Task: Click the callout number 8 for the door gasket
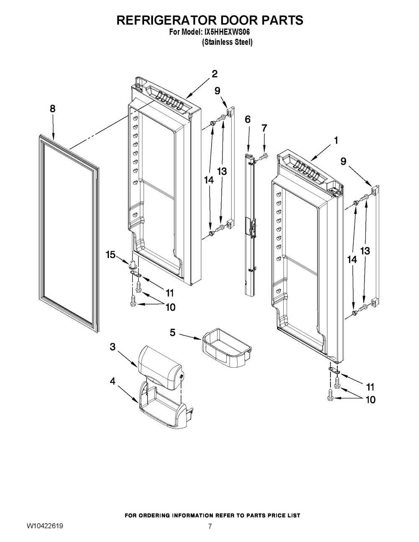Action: (x=52, y=108)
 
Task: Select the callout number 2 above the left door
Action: (x=214, y=74)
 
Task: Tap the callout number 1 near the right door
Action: (x=335, y=141)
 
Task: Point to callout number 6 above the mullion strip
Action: (x=248, y=119)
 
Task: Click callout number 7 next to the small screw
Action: (x=264, y=128)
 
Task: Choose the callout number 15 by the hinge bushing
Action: (x=110, y=255)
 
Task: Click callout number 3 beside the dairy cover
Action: (x=113, y=347)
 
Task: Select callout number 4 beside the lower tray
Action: (x=113, y=382)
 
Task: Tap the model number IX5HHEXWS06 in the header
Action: (x=231, y=31)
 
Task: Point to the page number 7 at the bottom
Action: (x=210, y=527)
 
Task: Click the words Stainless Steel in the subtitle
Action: (x=228, y=42)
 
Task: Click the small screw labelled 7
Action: (x=262, y=157)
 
